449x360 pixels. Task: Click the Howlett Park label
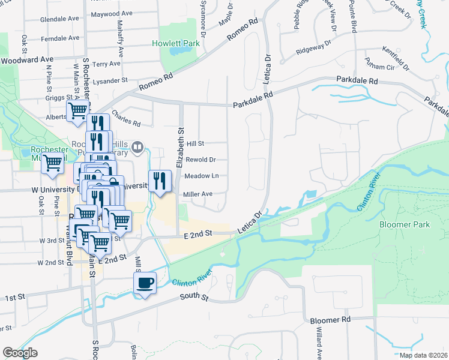tap(175, 44)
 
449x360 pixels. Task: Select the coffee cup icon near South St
tap(145, 283)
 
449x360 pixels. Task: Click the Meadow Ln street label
tap(201, 176)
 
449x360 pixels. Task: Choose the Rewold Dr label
tap(200, 160)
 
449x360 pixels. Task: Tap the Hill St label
tap(196, 144)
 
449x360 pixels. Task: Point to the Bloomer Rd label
tap(330, 320)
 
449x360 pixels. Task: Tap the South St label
tap(196, 297)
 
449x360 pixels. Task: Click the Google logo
tap(19, 353)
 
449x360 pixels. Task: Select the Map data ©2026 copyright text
tap(424, 355)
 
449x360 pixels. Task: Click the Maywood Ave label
tap(111, 13)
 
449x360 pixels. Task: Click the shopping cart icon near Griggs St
tap(78, 111)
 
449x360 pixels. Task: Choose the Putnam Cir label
tap(379, 65)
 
